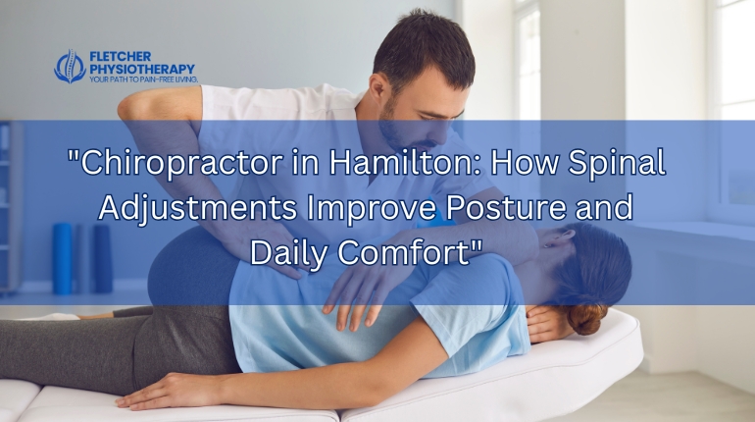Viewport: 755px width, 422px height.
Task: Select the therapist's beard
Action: [397, 132]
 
